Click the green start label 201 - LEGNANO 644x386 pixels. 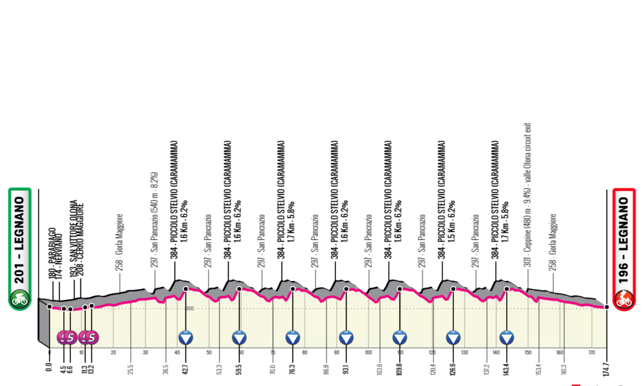pyautogui.click(x=19, y=239)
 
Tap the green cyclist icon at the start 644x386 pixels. pyautogui.click(x=19, y=298)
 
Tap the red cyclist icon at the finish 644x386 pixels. pyautogui.click(x=624, y=299)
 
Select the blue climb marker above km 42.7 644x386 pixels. pyautogui.click(x=186, y=336)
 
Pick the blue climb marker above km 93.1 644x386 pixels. pyautogui.click(x=346, y=336)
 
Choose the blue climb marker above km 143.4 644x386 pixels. pyautogui.click(x=507, y=336)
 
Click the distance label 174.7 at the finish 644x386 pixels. pyautogui.click(x=607, y=371)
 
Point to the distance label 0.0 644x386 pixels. pyautogui.click(x=50, y=372)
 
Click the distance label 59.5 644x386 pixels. pyautogui.click(x=240, y=371)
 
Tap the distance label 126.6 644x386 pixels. pyautogui.click(x=454, y=371)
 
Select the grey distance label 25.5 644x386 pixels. pyautogui.click(x=131, y=371)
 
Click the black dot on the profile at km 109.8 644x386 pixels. pyautogui.click(x=400, y=289)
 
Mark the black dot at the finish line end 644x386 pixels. pyautogui.click(x=607, y=308)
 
